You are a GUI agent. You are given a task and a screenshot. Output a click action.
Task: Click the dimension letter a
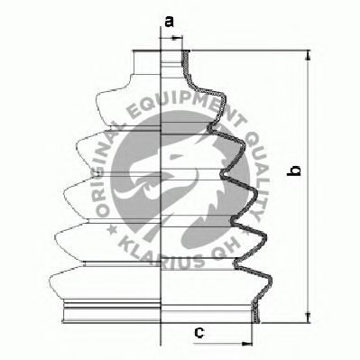coord(170,22)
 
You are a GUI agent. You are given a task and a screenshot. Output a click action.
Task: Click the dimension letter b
coord(294,171)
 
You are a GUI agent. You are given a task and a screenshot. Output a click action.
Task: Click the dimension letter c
coord(199,332)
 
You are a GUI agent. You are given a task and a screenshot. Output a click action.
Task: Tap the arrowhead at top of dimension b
coord(308,55)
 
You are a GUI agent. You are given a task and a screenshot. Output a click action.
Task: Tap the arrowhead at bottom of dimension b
coord(308,318)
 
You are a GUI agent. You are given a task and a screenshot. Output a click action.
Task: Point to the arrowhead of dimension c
coord(247,344)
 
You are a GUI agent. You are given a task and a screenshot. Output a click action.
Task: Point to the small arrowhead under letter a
coord(178,38)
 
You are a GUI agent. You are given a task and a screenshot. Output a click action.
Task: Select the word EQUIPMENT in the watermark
coord(187,105)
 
